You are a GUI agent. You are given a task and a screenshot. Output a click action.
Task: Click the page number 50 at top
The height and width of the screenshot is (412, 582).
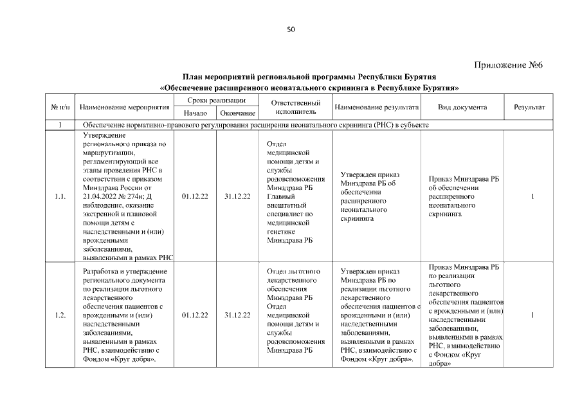tap(291, 29)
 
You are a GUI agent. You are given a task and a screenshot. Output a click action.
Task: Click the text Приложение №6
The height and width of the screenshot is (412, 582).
tap(509, 65)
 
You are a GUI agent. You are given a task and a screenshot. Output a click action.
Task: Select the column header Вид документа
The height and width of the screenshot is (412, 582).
tap(462, 107)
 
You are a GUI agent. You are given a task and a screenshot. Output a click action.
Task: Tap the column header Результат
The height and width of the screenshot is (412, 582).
tap(529, 107)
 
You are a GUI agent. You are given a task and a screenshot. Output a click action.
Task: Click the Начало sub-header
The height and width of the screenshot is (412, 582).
tap(195, 113)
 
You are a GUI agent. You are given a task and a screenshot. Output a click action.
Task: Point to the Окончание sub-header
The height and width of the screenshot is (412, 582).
tap(237, 113)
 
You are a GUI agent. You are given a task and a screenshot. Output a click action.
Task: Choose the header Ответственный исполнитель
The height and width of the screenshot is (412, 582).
tap(295, 107)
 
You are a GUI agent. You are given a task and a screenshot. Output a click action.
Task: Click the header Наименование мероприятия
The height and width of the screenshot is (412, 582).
tap(121, 107)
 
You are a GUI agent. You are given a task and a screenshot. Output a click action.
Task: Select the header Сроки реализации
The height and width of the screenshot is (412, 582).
tap(216, 101)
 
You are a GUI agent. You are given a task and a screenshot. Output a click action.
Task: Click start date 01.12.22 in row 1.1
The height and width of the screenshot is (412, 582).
tap(195, 196)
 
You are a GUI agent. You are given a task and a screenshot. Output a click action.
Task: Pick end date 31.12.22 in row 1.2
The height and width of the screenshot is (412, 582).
tap(237, 315)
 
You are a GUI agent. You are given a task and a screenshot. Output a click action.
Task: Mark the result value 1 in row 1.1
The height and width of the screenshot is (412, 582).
tap(532, 196)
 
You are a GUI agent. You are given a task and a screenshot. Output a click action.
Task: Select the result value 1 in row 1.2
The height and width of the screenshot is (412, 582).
tap(532, 315)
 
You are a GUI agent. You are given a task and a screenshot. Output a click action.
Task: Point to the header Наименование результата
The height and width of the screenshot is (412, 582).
tap(376, 107)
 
